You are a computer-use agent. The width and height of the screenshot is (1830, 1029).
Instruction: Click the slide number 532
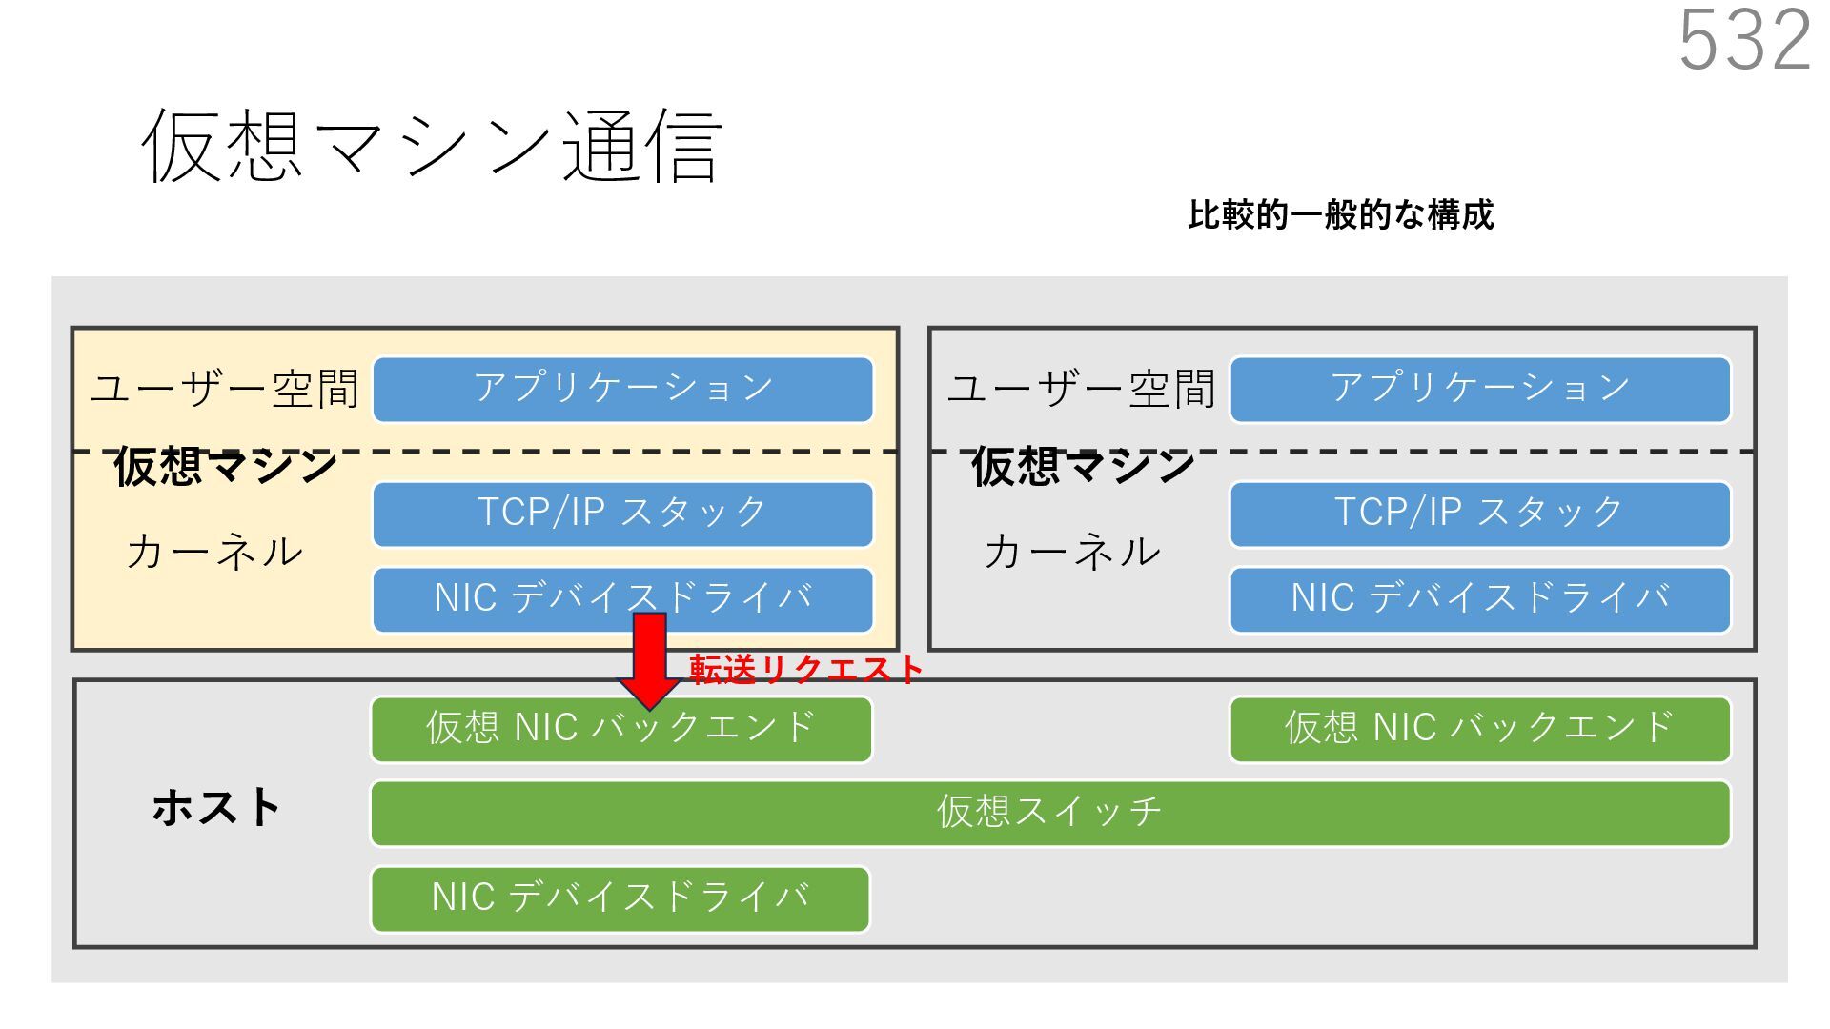point(1744,40)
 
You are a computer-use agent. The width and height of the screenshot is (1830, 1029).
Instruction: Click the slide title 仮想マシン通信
point(431,145)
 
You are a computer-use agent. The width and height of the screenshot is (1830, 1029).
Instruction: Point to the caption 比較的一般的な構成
point(1340,215)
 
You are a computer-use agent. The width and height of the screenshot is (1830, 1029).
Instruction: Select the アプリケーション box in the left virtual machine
point(622,389)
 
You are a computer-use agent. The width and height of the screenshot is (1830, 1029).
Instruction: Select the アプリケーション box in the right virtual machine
point(1479,389)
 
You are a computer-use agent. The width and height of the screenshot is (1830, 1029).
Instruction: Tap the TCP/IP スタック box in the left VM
point(622,514)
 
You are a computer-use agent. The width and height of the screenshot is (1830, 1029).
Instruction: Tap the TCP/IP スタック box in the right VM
point(1479,514)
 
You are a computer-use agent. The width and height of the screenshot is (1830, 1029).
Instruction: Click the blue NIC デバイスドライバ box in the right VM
point(1479,599)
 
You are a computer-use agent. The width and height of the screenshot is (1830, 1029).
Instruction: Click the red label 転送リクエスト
point(806,669)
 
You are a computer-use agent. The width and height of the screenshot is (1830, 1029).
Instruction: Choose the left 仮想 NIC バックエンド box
point(621,729)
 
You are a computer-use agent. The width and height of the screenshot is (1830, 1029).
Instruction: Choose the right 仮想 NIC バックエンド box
point(1479,729)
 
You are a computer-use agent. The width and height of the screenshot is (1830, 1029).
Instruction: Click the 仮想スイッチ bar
point(1049,813)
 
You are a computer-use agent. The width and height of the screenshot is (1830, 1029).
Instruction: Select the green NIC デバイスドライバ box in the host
point(620,898)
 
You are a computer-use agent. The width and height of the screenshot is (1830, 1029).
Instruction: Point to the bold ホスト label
point(215,808)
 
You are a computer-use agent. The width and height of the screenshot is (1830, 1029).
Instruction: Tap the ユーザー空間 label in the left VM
point(225,389)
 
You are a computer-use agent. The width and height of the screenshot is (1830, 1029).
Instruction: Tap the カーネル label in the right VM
point(1072,552)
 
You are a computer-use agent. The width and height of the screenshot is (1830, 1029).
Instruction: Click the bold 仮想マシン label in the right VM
point(1083,467)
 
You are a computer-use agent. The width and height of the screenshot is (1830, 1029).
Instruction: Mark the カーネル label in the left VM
point(214,552)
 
